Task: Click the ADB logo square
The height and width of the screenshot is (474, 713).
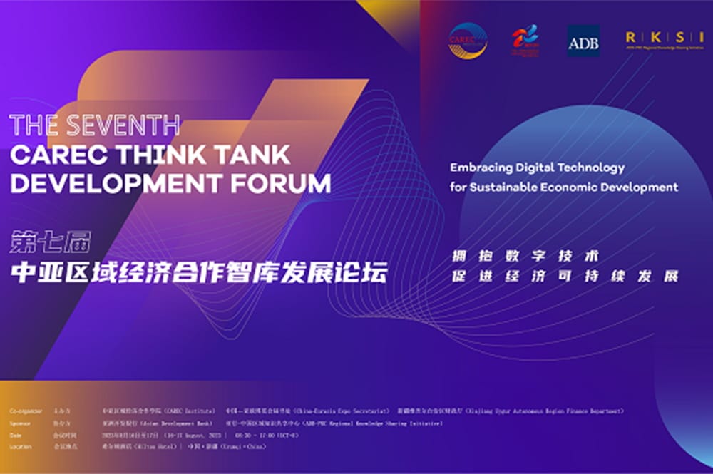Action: [583, 41]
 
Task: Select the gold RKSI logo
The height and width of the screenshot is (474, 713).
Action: [661, 38]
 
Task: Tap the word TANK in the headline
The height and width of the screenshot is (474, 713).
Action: [251, 155]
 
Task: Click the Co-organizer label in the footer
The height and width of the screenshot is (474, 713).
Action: [26, 411]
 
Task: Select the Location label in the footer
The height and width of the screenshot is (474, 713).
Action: [21, 447]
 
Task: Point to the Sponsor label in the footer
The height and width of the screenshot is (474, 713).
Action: [21, 423]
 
